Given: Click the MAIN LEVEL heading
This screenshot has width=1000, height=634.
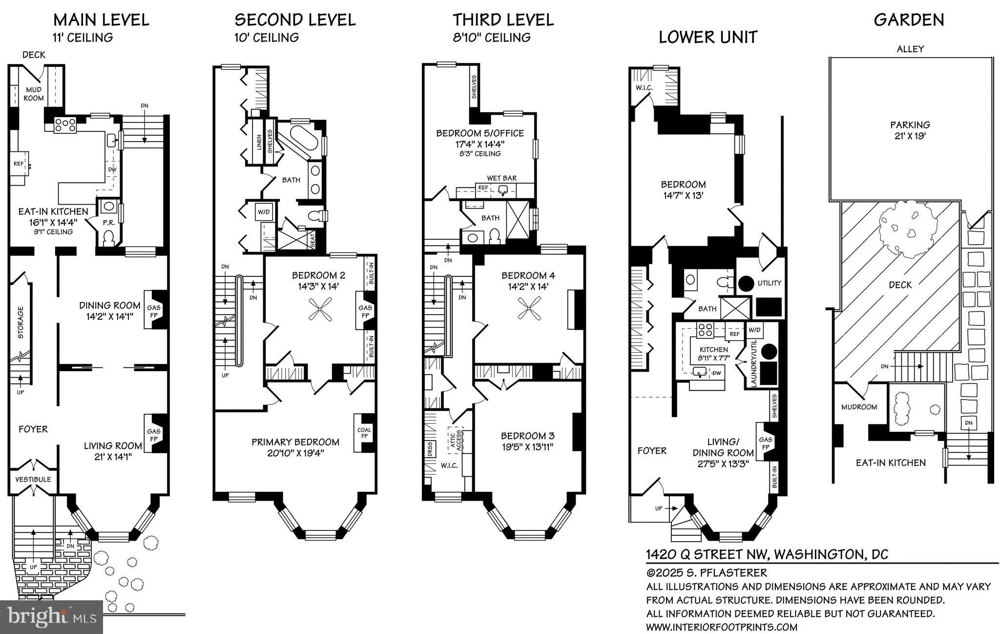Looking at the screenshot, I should (101, 20).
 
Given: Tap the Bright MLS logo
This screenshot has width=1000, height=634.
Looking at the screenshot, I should (51, 616).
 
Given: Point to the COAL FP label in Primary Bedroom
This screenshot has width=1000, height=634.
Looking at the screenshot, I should (364, 433).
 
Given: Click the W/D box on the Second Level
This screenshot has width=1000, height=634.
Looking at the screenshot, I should (264, 212).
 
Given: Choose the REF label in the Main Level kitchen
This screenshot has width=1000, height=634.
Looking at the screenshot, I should (18, 164).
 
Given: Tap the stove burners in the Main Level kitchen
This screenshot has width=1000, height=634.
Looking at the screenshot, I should (65, 125).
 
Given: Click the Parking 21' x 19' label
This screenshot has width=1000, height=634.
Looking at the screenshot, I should (910, 130).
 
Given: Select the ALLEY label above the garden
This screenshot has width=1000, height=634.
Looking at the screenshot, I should (910, 49).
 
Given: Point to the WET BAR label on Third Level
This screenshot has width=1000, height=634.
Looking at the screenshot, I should (501, 178).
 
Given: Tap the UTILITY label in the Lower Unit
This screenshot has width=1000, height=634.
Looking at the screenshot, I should (769, 283).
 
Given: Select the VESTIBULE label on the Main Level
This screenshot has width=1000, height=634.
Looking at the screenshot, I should (33, 479).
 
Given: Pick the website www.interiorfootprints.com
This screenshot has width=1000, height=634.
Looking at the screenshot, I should (722, 627).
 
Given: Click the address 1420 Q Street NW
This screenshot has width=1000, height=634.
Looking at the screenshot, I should (767, 554).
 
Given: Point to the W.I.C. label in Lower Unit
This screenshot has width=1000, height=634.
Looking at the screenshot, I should (645, 88).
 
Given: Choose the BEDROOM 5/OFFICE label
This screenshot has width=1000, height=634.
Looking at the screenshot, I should (479, 133).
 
